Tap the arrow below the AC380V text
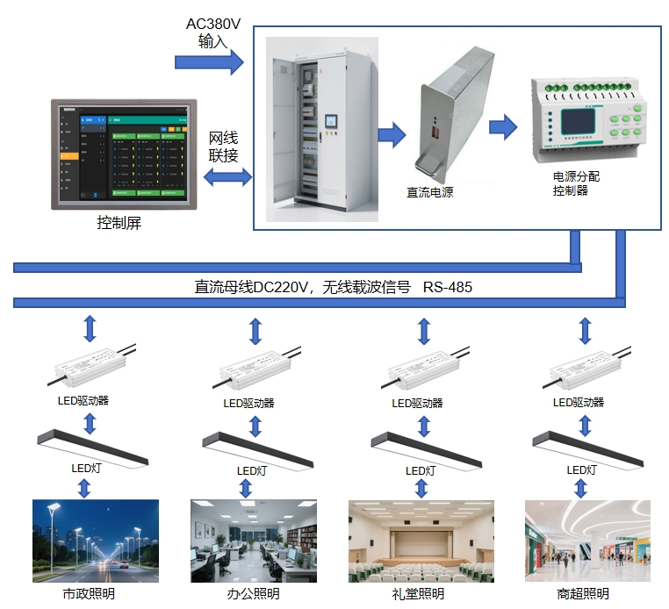pyautogui.click(x=209, y=61)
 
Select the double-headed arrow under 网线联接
pyautogui.click(x=227, y=177)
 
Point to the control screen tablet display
pyautogui.click(x=120, y=154)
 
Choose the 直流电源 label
pyautogui.click(x=429, y=192)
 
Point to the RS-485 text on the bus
pyautogui.click(x=449, y=287)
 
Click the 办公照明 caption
pyautogui.click(x=254, y=594)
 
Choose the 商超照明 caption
pyautogui.click(x=582, y=594)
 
